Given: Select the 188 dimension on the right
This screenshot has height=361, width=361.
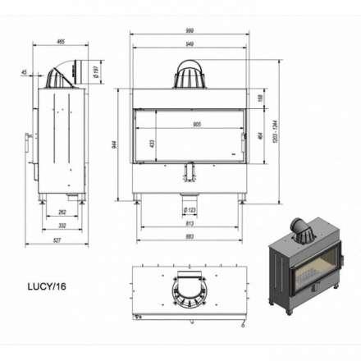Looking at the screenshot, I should [258, 98].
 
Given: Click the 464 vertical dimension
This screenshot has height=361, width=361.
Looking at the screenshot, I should [258, 134].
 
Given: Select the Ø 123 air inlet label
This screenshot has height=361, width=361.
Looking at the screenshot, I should [190, 210].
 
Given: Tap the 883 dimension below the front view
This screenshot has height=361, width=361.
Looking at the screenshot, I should [190, 238].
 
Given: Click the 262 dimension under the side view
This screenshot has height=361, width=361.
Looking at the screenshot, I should [62, 212].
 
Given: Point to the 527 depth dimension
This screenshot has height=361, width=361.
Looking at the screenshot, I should [55, 240].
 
